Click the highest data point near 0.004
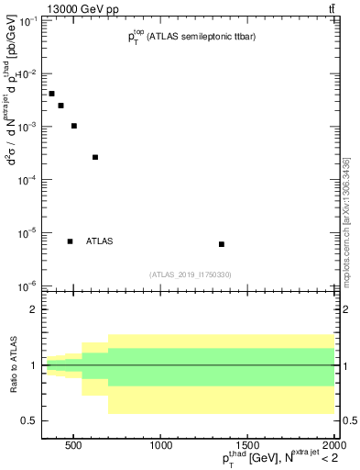tap(51, 94)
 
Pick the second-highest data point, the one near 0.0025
tap(60, 106)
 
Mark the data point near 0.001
tap(73, 126)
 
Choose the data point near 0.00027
tap(95, 157)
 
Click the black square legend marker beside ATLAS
tap(70, 241)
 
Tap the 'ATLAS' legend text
tap(99, 241)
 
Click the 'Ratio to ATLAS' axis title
tap(12, 365)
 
